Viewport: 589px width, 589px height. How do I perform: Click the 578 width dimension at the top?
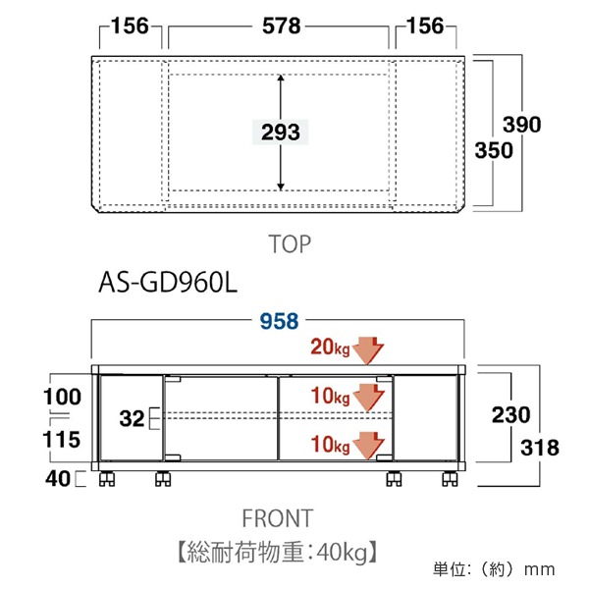[281, 27]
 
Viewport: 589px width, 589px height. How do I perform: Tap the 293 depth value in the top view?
[281, 131]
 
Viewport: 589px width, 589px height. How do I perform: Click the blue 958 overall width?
[280, 322]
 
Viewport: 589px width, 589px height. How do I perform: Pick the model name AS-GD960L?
[168, 283]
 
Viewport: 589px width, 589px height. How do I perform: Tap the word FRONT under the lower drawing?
[279, 517]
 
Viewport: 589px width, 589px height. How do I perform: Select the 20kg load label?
[331, 347]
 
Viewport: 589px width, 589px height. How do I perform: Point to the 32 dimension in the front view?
[132, 420]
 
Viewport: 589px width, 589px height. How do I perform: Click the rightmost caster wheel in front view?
[450, 480]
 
